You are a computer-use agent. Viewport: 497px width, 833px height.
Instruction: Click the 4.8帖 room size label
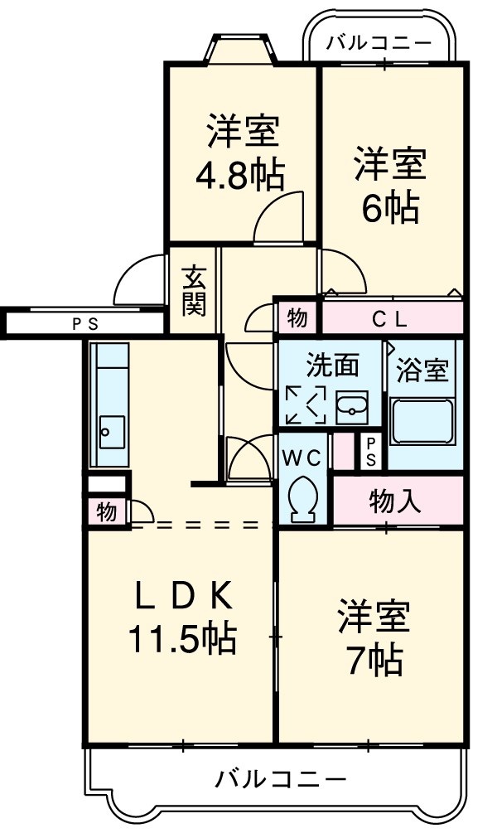click(x=239, y=175)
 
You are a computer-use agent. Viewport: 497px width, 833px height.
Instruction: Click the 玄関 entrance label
click(x=195, y=290)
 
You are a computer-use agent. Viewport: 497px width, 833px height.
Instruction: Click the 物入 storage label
click(x=395, y=501)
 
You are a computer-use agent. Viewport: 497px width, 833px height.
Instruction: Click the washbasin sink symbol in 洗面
click(x=355, y=408)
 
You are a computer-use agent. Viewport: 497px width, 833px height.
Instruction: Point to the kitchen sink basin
click(x=109, y=431)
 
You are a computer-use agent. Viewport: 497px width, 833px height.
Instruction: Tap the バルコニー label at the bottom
click(x=281, y=779)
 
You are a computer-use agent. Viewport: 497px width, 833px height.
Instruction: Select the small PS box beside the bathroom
click(x=370, y=451)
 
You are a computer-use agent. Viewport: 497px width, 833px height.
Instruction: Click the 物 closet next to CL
click(x=297, y=317)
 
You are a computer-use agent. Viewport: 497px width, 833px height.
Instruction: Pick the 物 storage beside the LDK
click(x=105, y=511)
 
